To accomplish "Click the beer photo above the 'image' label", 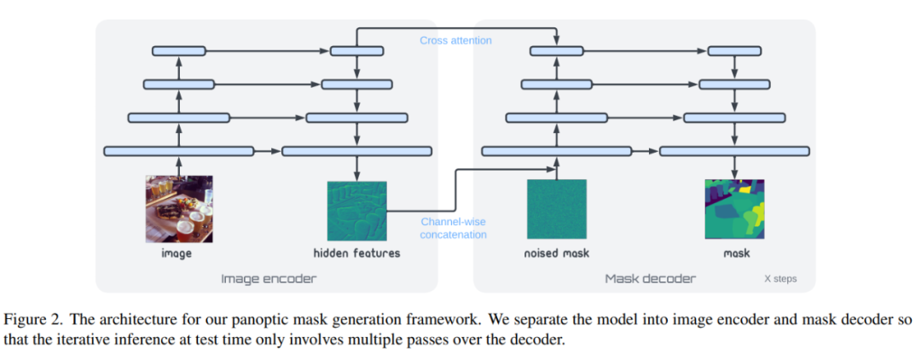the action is (x=179, y=209).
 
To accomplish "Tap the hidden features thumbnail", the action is (x=357, y=210).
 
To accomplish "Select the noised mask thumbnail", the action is (x=556, y=209).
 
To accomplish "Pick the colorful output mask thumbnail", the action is (x=734, y=209).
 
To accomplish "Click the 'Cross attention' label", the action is (x=455, y=41).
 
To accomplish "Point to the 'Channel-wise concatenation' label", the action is (x=454, y=228).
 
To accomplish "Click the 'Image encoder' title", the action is (x=269, y=278).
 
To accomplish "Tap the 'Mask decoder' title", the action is (x=650, y=278).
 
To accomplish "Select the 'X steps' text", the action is (x=780, y=279).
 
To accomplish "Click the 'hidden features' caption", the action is (x=357, y=254).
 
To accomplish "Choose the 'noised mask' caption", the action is (x=556, y=254).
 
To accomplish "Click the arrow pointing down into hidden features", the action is (x=357, y=169).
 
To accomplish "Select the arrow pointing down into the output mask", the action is (x=734, y=168).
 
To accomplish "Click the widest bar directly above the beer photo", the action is (x=178, y=152).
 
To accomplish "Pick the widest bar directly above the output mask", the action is (x=734, y=152).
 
